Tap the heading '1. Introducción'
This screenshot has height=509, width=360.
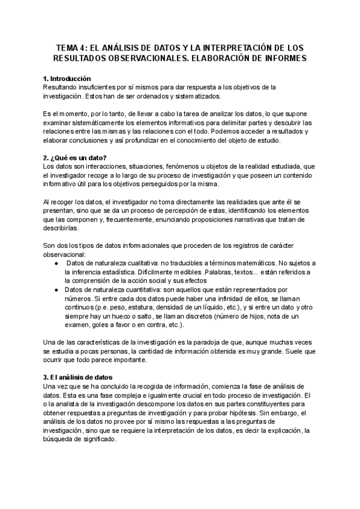point(67,79)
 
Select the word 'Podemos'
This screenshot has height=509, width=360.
point(212,131)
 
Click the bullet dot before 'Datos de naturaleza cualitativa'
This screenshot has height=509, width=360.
point(56,264)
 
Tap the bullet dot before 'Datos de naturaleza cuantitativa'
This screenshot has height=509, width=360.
point(56,289)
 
